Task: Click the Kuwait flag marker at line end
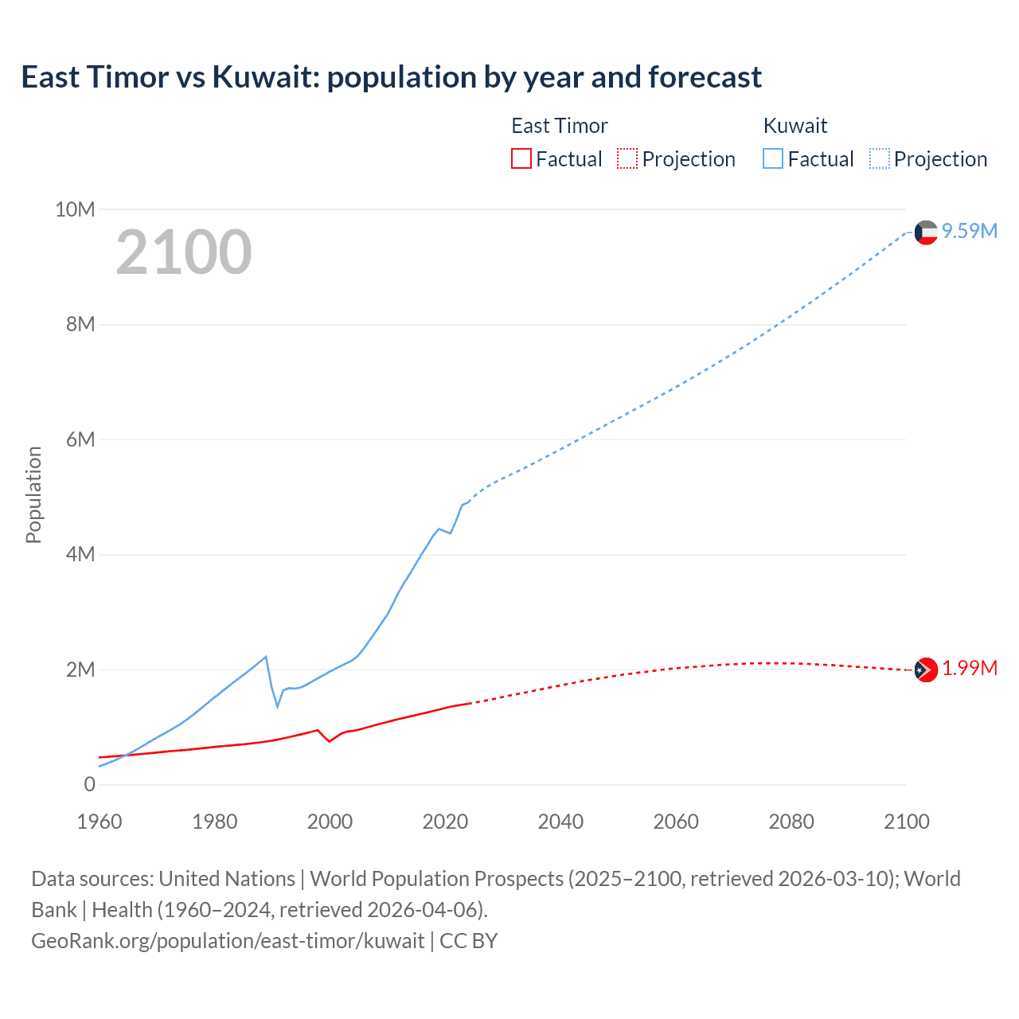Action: pos(926,232)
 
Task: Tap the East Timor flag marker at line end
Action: pos(926,670)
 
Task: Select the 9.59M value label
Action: pos(970,231)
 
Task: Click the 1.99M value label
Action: pos(970,668)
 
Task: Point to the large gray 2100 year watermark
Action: pos(184,252)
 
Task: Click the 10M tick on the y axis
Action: pos(75,209)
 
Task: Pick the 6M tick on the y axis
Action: pos(80,439)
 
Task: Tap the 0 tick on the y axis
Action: pos(89,784)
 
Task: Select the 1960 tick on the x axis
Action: pos(100,822)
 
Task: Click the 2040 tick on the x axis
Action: pos(560,822)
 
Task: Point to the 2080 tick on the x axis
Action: pos(791,822)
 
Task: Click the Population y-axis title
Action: pos(33,494)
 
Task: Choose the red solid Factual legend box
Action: pos(521,158)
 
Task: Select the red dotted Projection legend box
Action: pos(627,158)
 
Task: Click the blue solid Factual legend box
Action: pos(773,158)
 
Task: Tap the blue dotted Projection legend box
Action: pos(879,158)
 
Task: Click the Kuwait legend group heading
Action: pos(795,126)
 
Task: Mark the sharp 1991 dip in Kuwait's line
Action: pos(278,705)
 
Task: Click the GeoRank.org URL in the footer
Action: pos(228,940)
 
